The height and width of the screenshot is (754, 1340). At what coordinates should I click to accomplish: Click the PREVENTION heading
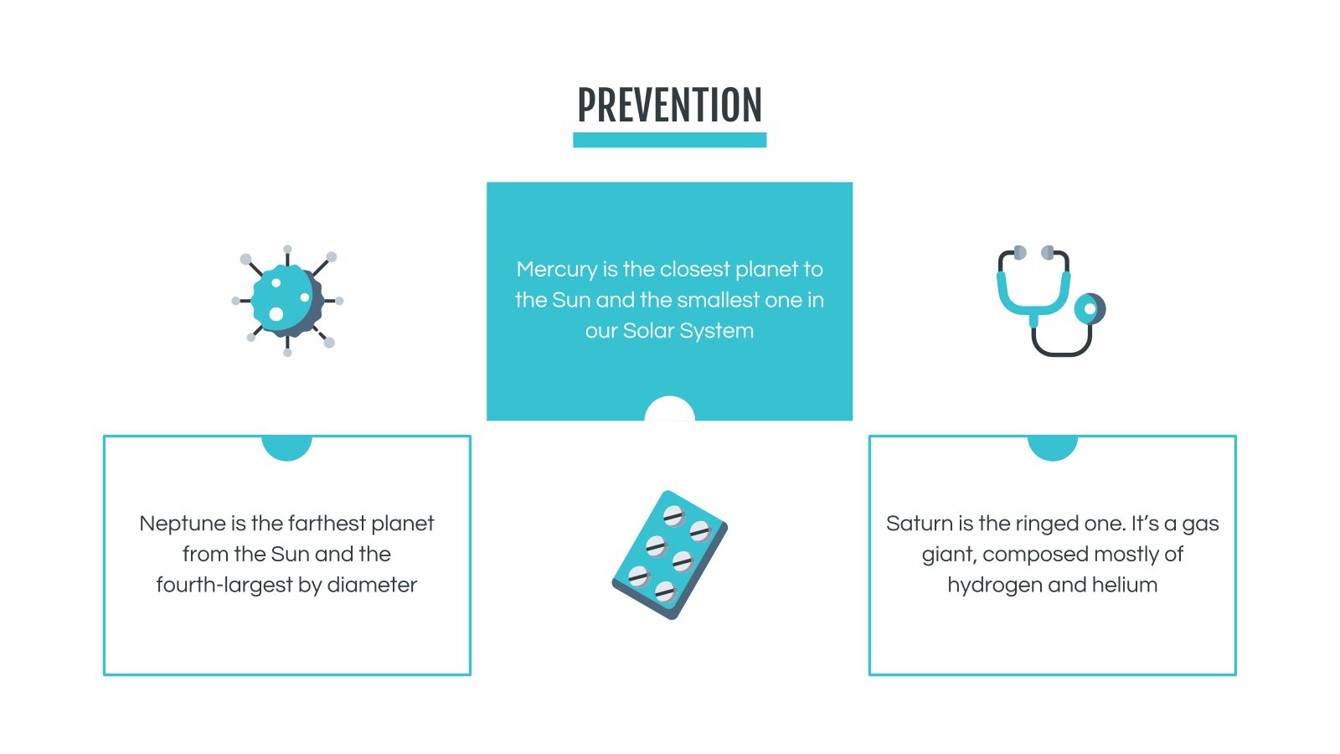click(x=669, y=106)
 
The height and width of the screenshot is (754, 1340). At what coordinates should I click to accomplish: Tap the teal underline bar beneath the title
click(x=669, y=140)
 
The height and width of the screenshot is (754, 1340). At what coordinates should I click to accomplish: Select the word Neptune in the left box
click(x=182, y=524)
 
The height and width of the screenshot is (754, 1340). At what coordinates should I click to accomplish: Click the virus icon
click(x=287, y=301)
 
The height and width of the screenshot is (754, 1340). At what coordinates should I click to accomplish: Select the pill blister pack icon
click(x=669, y=555)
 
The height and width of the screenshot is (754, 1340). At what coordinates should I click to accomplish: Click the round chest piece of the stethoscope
click(x=1090, y=309)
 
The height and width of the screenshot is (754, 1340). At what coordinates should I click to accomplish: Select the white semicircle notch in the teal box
click(x=669, y=410)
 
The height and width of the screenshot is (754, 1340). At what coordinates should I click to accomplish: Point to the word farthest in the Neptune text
click(x=327, y=524)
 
